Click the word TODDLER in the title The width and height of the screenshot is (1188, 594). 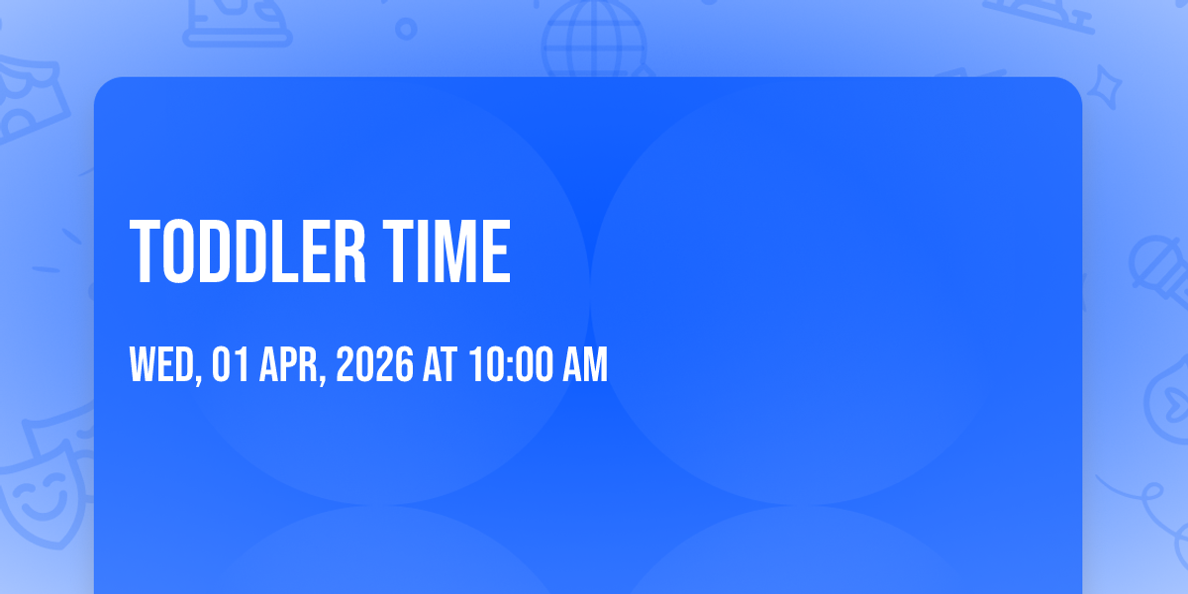coord(247,251)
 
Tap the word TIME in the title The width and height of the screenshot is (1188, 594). coord(446,251)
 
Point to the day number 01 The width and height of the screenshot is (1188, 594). coord(230,364)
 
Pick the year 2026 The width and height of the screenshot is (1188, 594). coord(374,364)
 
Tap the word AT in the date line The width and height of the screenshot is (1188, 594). coord(440,364)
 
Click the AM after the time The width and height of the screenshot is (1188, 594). coord(585,364)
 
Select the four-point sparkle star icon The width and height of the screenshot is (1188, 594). coord(1104,87)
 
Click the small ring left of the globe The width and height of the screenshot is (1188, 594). coord(406,29)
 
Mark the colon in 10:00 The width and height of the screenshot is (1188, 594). coord(510,367)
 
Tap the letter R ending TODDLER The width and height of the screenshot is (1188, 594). coord(349,251)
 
